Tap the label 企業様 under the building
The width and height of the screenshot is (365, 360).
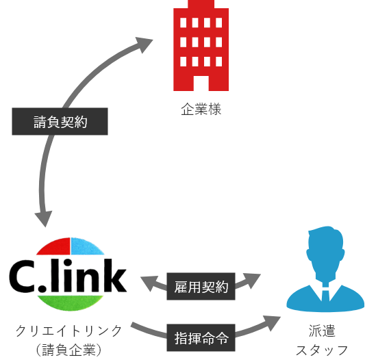pos(201,110)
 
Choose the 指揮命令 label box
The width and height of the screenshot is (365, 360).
pos(201,337)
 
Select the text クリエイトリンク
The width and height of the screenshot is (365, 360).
pos(69,331)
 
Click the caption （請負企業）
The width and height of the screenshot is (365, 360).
pos(69,350)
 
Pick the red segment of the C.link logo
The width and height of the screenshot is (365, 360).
pos(53,247)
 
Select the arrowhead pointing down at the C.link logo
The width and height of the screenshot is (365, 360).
pos(44,219)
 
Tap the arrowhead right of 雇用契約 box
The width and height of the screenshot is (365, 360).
pos(252,281)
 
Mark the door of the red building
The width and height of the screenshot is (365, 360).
pos(201,83)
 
